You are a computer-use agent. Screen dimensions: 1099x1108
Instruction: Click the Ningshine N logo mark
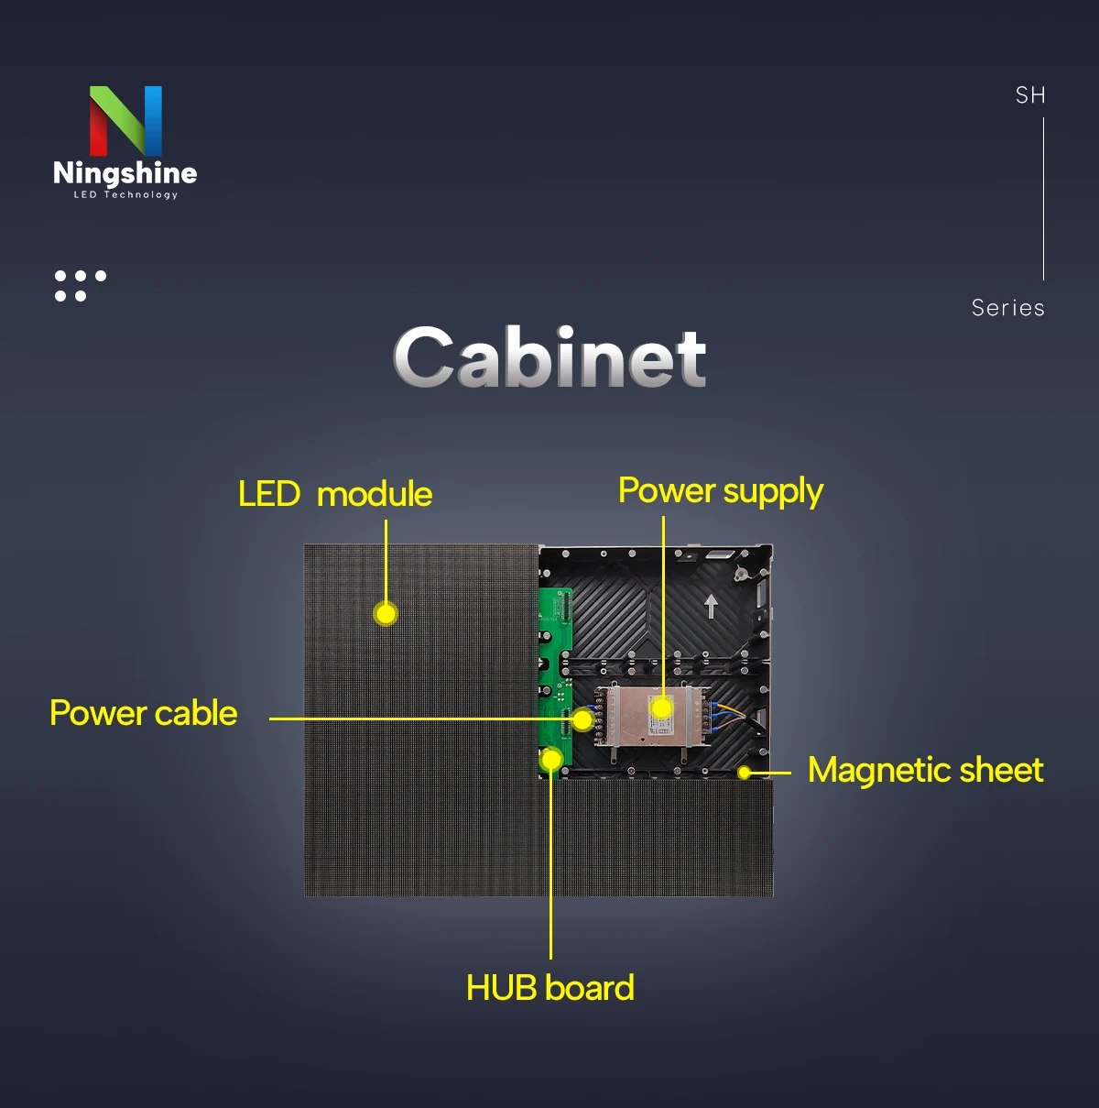point(125,120)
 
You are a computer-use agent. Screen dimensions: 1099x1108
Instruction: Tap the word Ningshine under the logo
point(125,173)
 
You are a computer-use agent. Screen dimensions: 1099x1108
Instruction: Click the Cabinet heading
point(549,357)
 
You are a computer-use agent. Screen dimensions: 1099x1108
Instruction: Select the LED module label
point(335,494)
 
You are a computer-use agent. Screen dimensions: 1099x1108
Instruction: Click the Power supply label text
point(721,491)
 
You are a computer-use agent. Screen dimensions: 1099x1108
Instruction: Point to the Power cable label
point(144,713)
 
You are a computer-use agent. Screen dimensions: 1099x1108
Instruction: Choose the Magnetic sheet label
point(925,770)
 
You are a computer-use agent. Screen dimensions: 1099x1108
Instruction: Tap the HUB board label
point(549,988)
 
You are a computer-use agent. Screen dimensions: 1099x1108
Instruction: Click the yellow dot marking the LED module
point(386,613)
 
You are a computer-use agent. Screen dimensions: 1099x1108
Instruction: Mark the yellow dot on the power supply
point(661,708)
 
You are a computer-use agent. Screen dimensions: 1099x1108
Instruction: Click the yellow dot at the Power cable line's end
point(582,720)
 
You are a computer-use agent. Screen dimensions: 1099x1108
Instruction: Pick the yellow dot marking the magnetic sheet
point(745,773)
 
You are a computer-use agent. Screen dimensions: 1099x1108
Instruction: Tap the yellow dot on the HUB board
point(551,760)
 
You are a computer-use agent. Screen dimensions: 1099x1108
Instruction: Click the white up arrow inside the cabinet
point(711,606)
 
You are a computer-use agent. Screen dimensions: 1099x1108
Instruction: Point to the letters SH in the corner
point(1030,95)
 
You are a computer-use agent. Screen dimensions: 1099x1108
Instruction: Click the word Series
point(1007,308)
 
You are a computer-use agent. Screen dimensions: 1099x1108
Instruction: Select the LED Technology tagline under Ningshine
point(125,195)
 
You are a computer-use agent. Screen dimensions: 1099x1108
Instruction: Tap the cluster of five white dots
point(80,285)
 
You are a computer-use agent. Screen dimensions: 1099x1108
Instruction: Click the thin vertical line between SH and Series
point(1043,198)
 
